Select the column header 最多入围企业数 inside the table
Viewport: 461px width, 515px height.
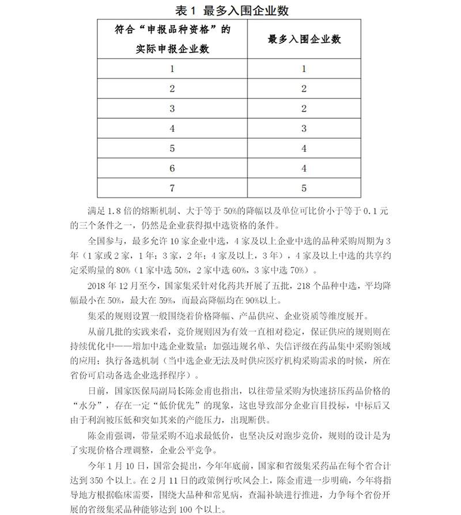[x=304, y=40]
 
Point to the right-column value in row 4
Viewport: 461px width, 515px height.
[x=304, y=128]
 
